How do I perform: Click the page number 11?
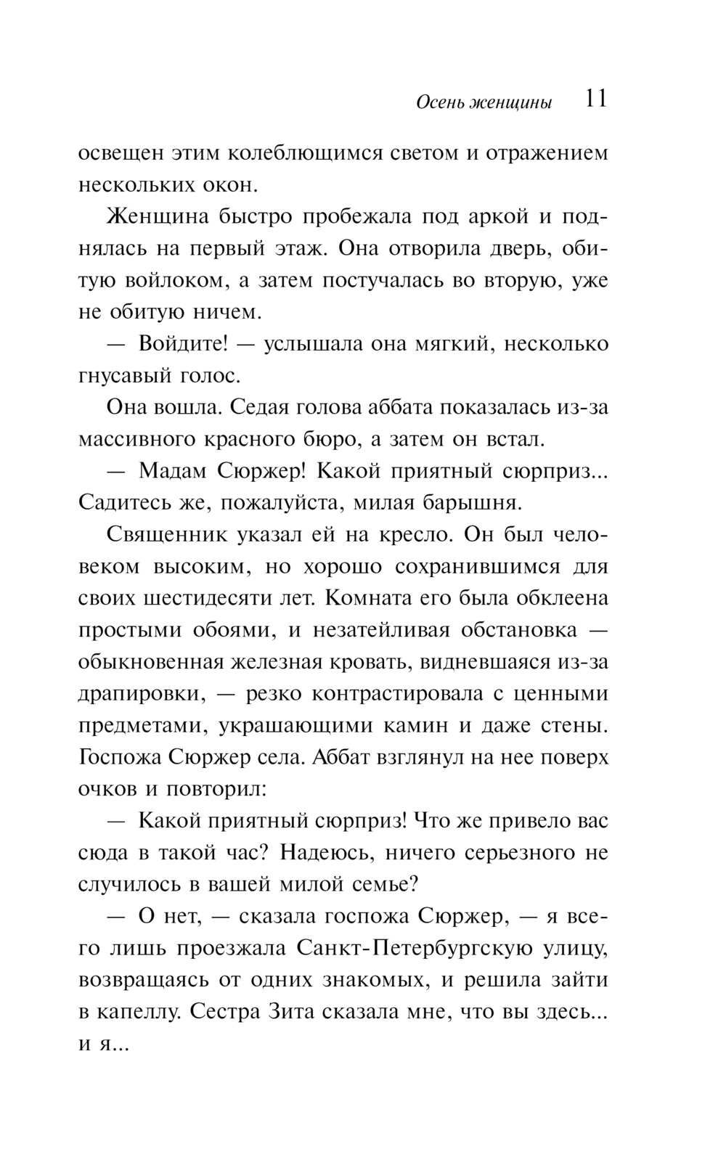pyautogui.click(x=595, y=99)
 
